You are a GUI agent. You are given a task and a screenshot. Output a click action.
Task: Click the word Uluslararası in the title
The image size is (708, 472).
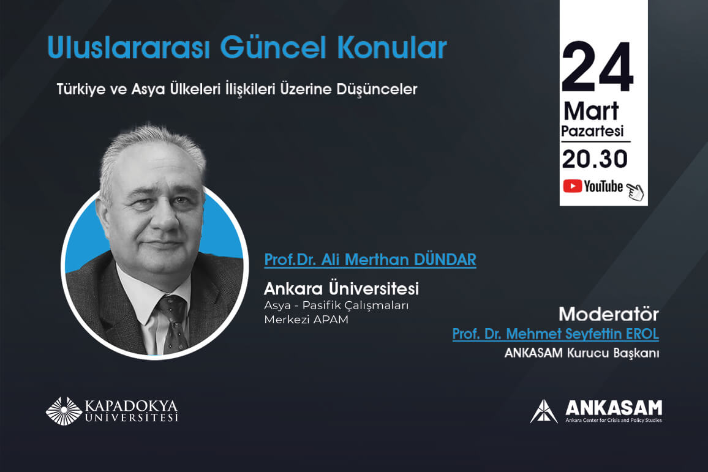point(129,47)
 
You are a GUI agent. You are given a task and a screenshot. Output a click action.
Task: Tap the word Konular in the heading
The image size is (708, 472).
point(392,47)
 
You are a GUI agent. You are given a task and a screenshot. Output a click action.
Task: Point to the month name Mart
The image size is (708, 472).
point(591,111)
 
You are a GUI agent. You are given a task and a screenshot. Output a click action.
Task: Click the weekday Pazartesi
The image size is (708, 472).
point(592,131)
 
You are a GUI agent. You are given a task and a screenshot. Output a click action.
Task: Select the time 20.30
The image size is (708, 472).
point(595,159)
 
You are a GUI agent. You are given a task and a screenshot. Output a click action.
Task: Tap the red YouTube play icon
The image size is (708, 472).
point(572,186)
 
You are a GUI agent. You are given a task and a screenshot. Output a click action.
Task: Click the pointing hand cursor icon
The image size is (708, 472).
point(635,192)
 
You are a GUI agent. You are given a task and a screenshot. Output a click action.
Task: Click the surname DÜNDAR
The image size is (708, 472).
point(445,260)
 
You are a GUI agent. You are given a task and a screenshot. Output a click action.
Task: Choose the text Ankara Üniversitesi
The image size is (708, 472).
point(341,288)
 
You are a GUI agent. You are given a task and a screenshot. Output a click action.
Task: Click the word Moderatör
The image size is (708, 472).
point(609,314)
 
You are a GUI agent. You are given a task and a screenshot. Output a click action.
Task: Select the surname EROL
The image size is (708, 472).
point(642,334)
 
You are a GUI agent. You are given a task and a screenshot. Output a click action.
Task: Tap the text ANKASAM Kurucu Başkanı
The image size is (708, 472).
point(582,353)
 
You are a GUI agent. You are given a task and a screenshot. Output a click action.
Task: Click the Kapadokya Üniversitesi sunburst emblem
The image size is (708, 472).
point(64,411)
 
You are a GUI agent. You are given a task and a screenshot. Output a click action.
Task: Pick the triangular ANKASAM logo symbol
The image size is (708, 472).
point(544,411)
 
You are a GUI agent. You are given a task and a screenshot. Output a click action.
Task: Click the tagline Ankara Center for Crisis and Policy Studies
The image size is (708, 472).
point(614,420)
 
